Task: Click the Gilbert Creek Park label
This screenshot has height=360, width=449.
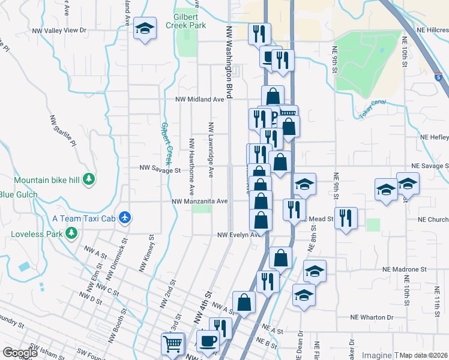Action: (190, 21)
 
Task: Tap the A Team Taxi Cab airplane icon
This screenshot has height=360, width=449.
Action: (125, 217)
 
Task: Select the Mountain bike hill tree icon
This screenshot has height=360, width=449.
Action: (89, 179)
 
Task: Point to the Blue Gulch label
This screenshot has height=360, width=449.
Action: (19, 194)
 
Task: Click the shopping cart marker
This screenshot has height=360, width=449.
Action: (172, 343)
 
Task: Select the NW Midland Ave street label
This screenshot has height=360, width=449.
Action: (194, 100)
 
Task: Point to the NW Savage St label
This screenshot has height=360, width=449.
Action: (160, 170)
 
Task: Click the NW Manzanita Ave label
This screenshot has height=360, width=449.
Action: (200, 202)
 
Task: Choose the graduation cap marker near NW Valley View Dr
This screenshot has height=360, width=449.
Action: (145, 29)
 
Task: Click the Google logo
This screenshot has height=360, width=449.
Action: (20, 352)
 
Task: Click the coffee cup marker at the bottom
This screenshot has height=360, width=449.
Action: (208, 341)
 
